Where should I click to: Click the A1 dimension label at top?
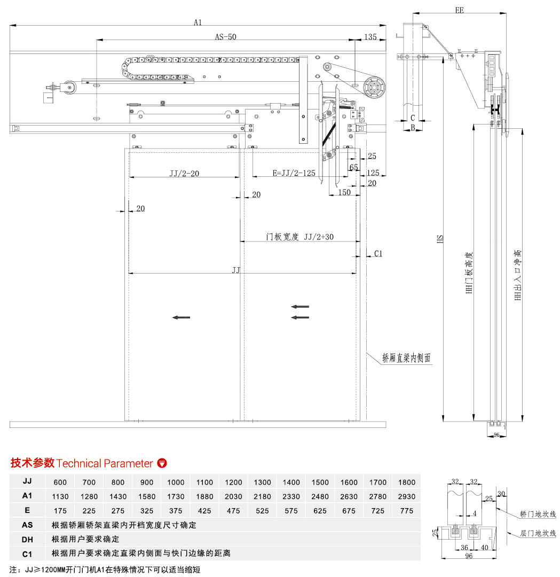[x=198, y=22]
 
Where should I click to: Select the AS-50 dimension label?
[x=225, y=37]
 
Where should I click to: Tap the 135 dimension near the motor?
[x=370, y=37]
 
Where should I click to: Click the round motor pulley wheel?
[x=374, y=87]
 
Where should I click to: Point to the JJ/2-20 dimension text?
[x=184, y=173]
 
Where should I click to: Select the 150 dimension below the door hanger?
[x=345, y=192]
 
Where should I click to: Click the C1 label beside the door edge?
[x=378, y=254]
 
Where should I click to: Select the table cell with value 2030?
[x=234, y=496]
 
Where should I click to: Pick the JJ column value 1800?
[x=407, y=482]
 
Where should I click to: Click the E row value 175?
[x=60, y=511]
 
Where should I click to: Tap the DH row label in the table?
[x=27, y=539]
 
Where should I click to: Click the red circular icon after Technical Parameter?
[x=162, y=463]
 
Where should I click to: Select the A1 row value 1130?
[x=60, y=496]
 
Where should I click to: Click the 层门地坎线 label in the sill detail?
[x=538, y=533]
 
